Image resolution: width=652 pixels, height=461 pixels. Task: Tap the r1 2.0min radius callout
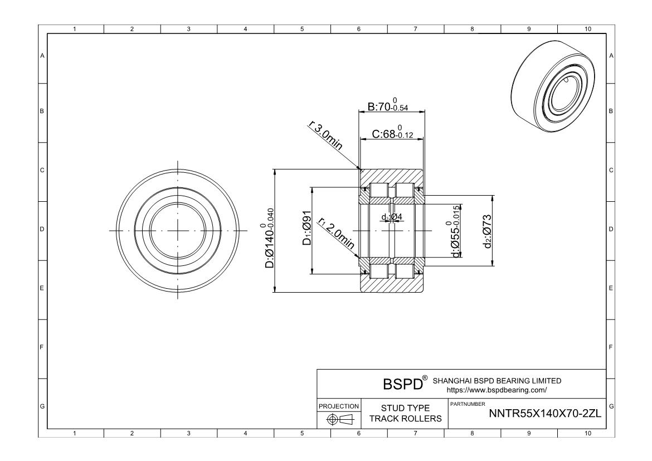point(336,235)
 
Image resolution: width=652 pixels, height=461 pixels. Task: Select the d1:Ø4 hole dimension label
point(391,217)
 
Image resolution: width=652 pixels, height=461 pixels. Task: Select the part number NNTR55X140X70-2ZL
point(544,414)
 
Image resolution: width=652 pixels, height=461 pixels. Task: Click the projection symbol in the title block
point(339,419)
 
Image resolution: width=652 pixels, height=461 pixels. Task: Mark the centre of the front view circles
point(178,231)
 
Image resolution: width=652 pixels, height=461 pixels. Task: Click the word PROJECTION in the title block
point(339,406)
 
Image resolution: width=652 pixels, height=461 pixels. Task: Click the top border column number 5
point(301,29)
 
